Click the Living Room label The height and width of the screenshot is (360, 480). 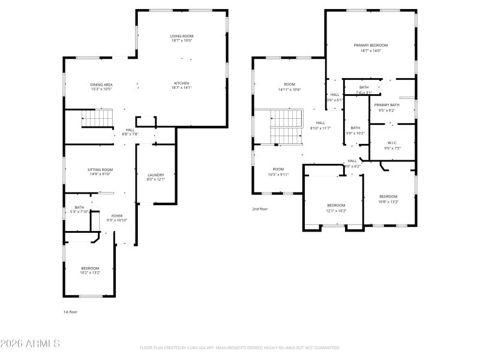182,38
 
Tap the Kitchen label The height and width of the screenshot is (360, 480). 182,85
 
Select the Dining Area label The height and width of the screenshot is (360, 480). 101,86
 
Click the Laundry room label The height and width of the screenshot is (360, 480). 155,177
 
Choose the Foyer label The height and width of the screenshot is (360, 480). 118,218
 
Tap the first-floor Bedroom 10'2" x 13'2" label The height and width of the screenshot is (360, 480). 91,270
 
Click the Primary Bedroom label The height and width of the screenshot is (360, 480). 370,47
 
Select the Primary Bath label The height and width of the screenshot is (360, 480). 386,107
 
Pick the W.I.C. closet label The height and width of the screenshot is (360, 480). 392,145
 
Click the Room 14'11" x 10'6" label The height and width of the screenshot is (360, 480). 290,87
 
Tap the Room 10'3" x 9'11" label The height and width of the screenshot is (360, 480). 278,172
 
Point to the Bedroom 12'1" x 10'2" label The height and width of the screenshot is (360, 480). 336,208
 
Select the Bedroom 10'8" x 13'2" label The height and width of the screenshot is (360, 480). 388,199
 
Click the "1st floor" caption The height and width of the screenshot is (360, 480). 70,312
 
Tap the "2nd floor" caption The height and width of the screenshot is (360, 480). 259,209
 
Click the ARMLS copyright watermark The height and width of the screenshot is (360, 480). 30,344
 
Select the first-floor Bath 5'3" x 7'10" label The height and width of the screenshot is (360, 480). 79,209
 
